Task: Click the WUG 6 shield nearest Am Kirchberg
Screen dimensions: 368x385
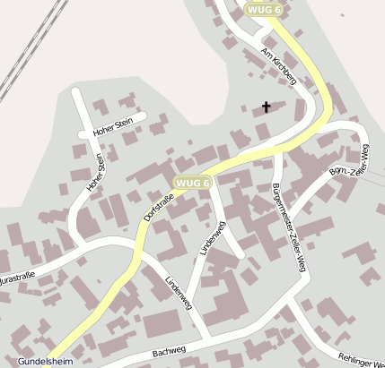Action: pyautogui.click(x=264, y=9)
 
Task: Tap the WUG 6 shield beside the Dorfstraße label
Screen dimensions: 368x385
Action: pyautogui.click(x=192, y=183)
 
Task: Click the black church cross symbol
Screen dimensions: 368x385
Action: pyautogui.click(x=266, y=107)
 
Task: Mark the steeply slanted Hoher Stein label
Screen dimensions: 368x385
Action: pyautogui.click(x=96, y=174)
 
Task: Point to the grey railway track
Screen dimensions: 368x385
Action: pyautogui.click(x=22, y=54)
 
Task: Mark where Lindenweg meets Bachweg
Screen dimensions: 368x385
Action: pyautogui.click(x=210, y=338)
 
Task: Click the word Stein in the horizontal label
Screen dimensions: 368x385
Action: pyautogui.click(x=124, y=121)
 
